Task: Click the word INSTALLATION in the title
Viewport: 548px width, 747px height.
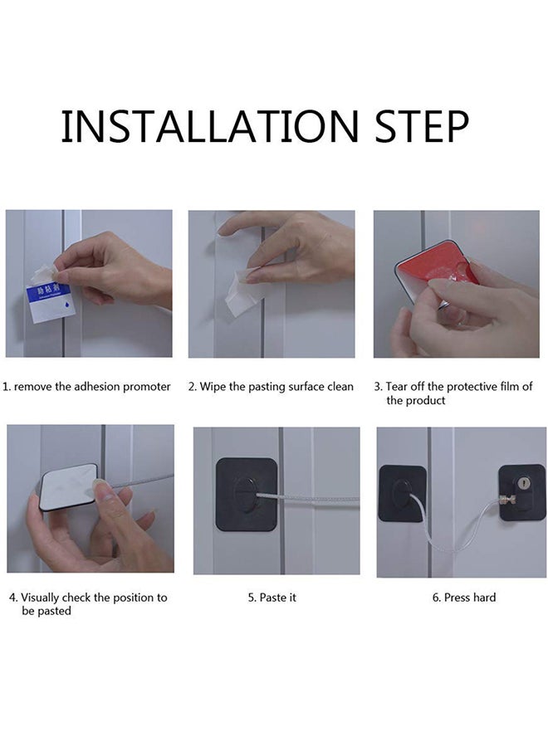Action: [x=208, y=126]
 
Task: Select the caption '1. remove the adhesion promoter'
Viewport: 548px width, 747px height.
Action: [x=87, y=387]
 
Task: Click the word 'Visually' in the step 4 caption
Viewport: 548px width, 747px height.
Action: [x=42, y=598]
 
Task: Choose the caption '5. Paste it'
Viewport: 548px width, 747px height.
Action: [x=272, y=598]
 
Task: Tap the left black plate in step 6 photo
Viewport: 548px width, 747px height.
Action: [x=402, y=493]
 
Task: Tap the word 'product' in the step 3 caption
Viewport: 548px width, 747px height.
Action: [x=427, y=401]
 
